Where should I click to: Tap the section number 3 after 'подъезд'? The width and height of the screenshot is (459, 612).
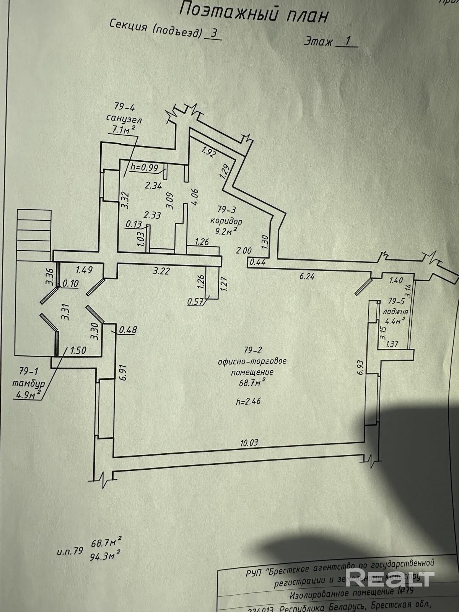coord(214,33)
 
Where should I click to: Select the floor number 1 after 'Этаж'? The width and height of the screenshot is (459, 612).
coord(347,41)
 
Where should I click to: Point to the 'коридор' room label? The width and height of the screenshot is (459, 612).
coord(226,221)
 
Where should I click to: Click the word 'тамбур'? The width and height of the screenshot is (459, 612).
coord(28,383)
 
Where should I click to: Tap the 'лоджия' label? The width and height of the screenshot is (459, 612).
coord(396,311)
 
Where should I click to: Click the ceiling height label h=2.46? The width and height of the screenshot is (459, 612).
coord(250,401)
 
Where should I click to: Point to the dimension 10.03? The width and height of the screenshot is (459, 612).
coord(249,443)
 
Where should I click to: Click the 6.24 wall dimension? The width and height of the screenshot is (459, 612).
coord(307,276)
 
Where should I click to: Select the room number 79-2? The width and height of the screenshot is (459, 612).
coord(252,349)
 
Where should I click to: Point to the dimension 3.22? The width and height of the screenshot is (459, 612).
coord(161,272)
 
